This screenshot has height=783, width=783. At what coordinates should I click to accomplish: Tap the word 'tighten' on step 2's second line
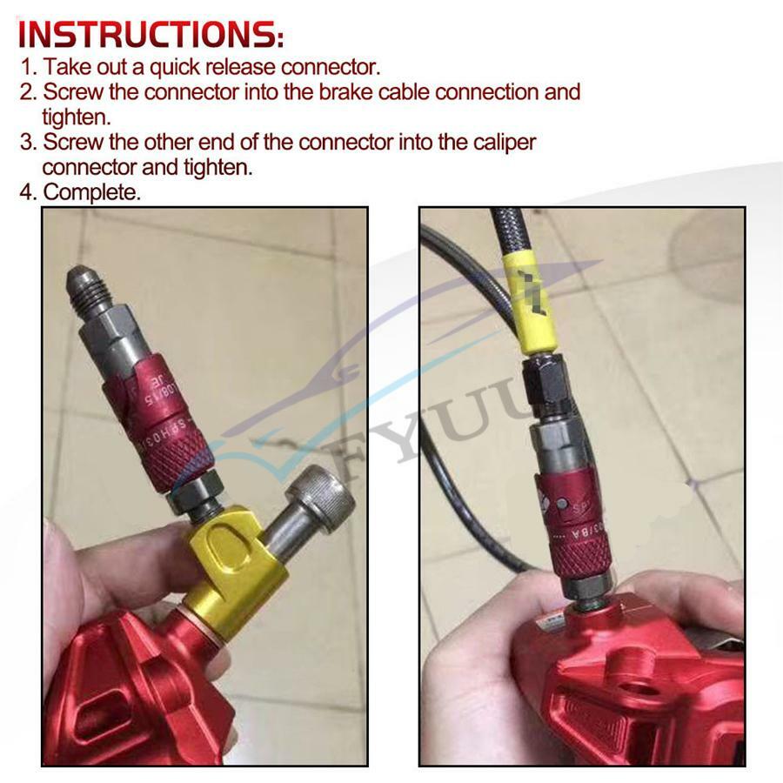coord(77,117)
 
